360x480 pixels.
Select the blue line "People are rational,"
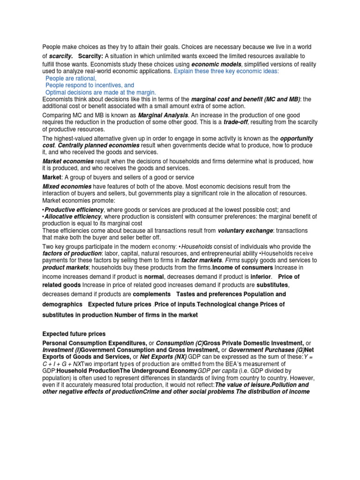tap(71, 79)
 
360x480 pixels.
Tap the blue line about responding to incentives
tap(90, 86)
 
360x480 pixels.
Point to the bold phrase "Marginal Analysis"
tap(163, 115)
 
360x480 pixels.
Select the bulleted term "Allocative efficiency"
tap(73, 217)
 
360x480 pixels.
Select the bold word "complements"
tap(151, 294)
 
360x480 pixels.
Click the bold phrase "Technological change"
tap(227, 305)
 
